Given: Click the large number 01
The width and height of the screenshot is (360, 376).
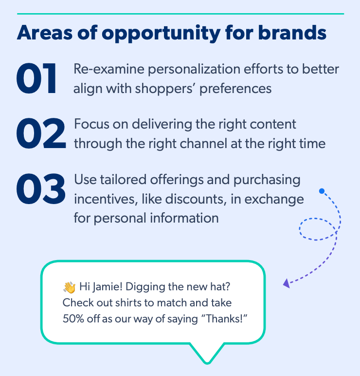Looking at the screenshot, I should [x=37, y=78].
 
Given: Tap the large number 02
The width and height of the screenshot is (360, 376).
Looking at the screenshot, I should [x=40, y=133].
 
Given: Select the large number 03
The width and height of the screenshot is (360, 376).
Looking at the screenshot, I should [x=40, y=189].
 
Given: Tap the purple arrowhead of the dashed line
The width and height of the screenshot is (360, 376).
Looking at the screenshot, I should [x=287, y=282].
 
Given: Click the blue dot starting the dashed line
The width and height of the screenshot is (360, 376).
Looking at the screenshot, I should [x=322, y=191].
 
